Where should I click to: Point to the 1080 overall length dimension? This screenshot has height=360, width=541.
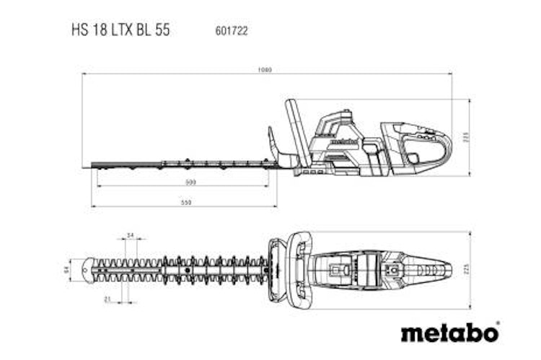pyautogui.click(x=266, y=71)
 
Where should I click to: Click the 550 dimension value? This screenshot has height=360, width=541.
pyautogui.click(x=185, y=203)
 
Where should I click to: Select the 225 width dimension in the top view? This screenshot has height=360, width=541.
pyautogui.click(x=466, y=268)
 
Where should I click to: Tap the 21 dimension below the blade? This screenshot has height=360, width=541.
pyautogui.click(x=107, y=299)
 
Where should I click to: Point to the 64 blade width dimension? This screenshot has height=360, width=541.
pyautogui.click(x=65, y=268)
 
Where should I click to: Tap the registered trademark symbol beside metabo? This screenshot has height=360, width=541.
pyautogui.click(x=498, y=324)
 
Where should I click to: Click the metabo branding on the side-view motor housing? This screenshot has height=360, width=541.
pyautogui.click(x=343, y=141)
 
